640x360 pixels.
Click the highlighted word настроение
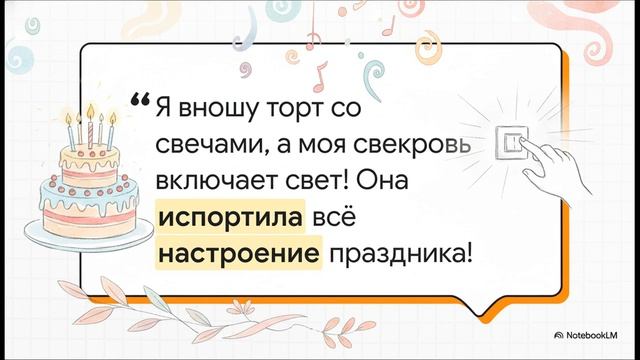(240, 255)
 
